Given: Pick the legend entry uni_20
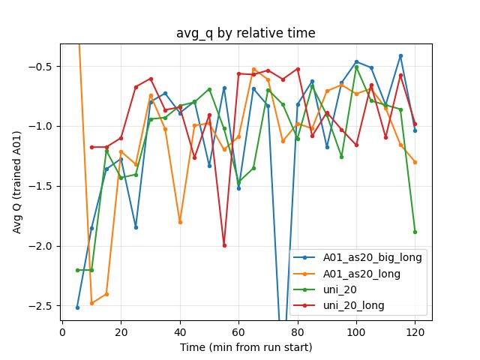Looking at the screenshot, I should click(338, 290).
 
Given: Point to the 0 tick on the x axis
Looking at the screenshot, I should click(62, 330).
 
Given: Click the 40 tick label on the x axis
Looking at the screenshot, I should click(180, 330).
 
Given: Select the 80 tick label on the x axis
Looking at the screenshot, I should click(298, 330).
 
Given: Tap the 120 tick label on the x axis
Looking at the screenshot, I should click(415, 330).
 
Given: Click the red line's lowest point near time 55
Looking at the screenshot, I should click(224, 245).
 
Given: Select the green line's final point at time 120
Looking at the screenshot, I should click(415, 232).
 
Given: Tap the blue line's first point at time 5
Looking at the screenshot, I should click(77, 307).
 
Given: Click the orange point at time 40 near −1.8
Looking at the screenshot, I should click(180, 222).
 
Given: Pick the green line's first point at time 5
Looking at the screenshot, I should click(77, 270).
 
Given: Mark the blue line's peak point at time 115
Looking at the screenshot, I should click(400, 55).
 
